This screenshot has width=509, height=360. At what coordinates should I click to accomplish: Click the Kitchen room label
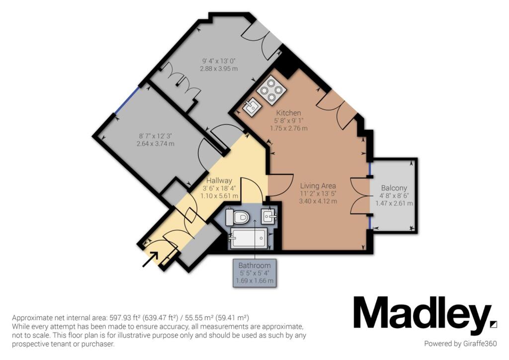click(288, 113)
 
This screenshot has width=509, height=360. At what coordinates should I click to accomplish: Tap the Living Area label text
click(318, 186)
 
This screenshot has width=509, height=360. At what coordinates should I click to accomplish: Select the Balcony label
click(394, 188)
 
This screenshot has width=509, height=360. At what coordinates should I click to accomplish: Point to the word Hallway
click(219, 180)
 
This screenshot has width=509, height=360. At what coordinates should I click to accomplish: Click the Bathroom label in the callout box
click(254, 266)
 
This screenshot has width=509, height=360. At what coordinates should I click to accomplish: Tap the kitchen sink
click(251, 107)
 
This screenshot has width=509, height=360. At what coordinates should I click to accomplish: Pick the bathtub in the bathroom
click(249, 238)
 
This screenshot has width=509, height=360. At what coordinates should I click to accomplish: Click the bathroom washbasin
click(269, 215)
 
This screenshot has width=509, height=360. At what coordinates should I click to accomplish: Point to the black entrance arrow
click(150, 260)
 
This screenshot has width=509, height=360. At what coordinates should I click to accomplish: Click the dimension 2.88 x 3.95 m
click(219, 69)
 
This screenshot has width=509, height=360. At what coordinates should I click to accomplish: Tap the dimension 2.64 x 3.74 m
click(156, 144)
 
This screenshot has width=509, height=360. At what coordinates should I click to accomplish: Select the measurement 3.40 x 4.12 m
click(318, 201)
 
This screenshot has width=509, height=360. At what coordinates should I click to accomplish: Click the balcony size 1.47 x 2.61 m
click(394, 203)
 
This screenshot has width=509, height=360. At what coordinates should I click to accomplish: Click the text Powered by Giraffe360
click(460, 344)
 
